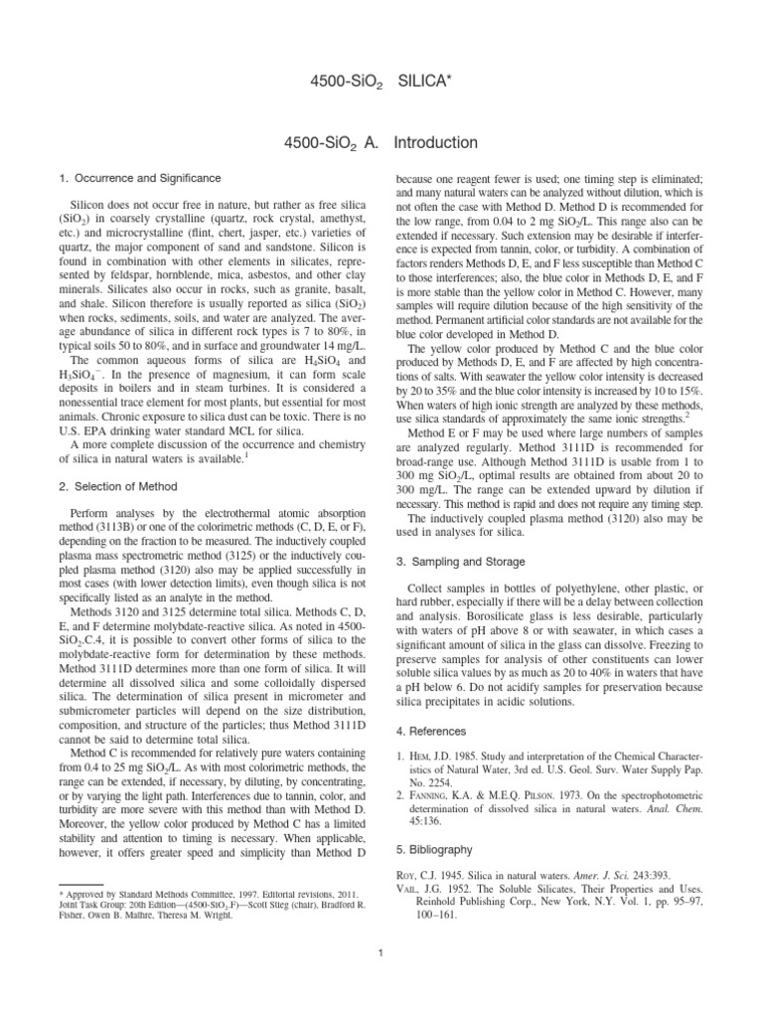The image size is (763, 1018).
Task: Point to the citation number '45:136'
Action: pyautogui.click(x=433, y=824)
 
